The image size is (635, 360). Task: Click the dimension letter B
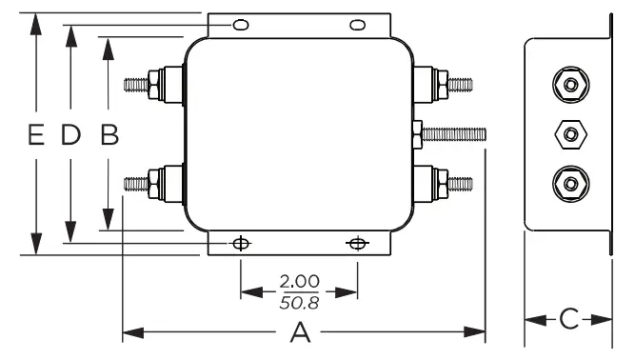click(x=109, y=135)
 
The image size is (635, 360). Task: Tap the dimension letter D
click(x=70, y=135)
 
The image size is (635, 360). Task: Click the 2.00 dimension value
click(x=299, y=283)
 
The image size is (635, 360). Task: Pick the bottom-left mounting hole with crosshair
click(x=242, y=243)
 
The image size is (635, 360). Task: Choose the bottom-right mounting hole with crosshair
click(x=357, y=243)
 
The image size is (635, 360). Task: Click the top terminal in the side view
click(x=569, y=85)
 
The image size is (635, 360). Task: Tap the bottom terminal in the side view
click(x=569, y=181)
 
